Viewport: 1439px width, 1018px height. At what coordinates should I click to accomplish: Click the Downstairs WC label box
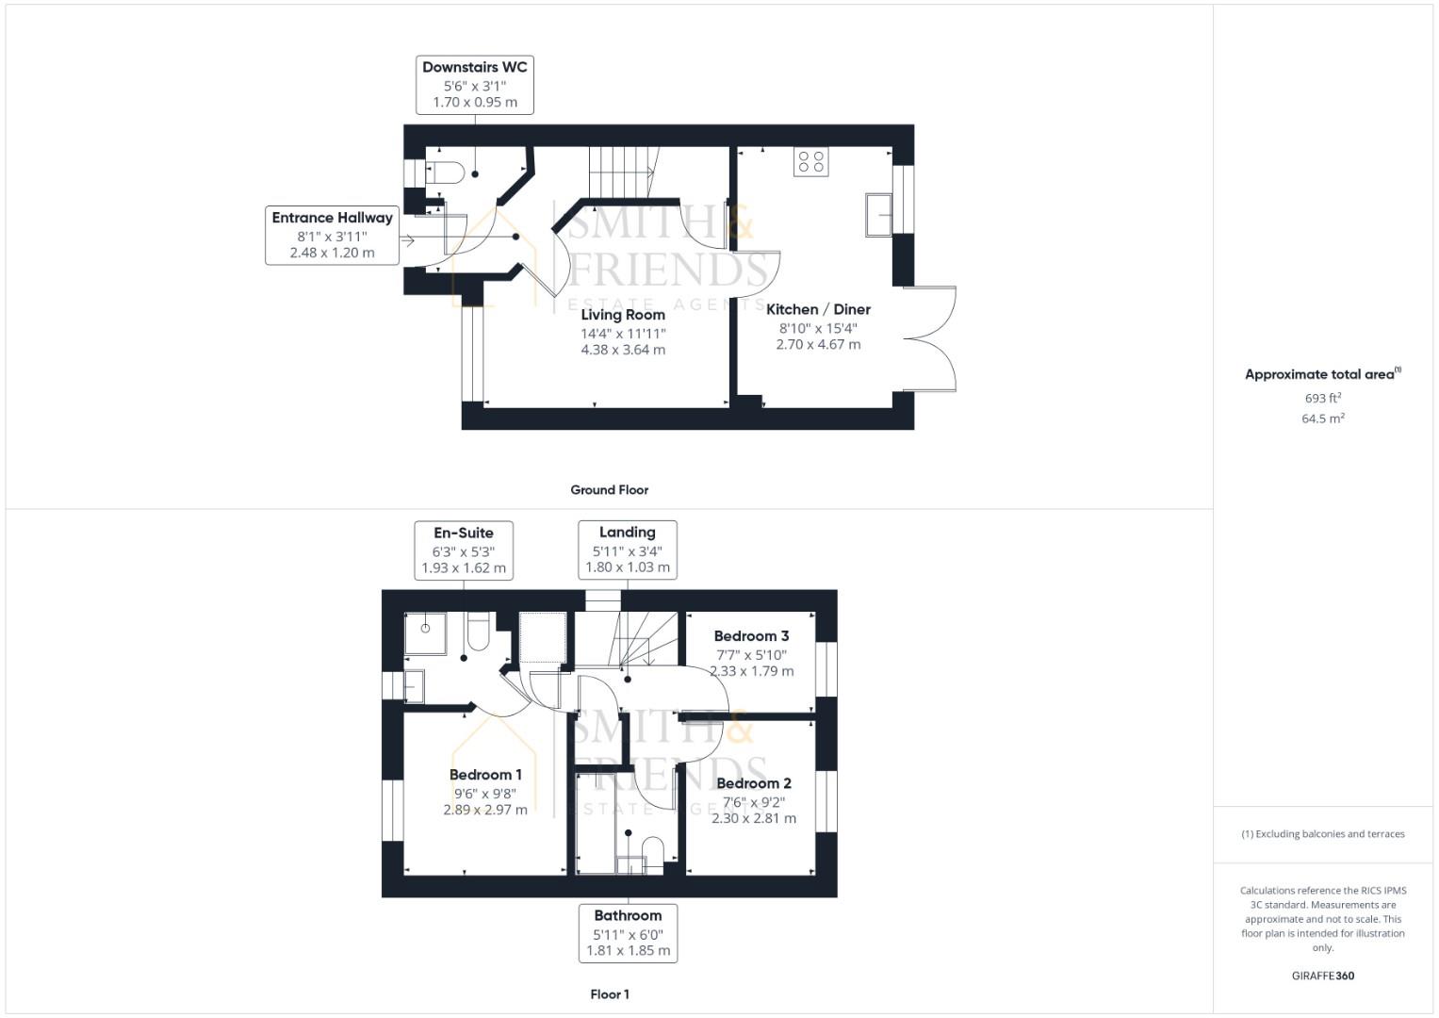click(474, 85)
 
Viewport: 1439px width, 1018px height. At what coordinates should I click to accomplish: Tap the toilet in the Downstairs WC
click(446, 172)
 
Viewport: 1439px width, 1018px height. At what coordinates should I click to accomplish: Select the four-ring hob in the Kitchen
click(810, 162)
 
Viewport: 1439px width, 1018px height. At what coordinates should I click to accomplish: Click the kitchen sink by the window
click(878, 215)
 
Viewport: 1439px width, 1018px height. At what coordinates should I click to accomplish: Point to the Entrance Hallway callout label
click(332, 235)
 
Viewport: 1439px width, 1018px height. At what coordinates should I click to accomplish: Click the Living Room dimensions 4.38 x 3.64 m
click(623, 350)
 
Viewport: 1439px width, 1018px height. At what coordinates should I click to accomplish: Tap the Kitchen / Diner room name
click(818, 309)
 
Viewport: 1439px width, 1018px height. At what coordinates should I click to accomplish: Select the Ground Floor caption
click(609, 490)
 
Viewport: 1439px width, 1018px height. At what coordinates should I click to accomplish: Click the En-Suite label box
click(464, 550)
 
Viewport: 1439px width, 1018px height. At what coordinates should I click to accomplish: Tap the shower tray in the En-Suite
click(425, 633)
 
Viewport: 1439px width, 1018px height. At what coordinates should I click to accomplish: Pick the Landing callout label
click(627, 550)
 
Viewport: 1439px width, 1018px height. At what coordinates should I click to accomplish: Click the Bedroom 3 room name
click(751, 636)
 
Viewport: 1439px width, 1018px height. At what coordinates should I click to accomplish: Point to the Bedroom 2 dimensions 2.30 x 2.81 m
click(753, 818)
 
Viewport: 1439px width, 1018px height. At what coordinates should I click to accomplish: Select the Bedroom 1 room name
click(485, 775)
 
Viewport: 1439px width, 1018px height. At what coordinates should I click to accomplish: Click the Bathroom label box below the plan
click(628, 933)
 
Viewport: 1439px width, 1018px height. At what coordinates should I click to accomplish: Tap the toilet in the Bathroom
click(652, 849)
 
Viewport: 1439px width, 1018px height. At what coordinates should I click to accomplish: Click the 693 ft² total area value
click(1322, 398)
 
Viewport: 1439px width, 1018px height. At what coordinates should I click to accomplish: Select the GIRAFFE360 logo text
click(1322, 976)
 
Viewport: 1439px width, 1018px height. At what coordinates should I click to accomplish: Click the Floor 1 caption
click(609, 994)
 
